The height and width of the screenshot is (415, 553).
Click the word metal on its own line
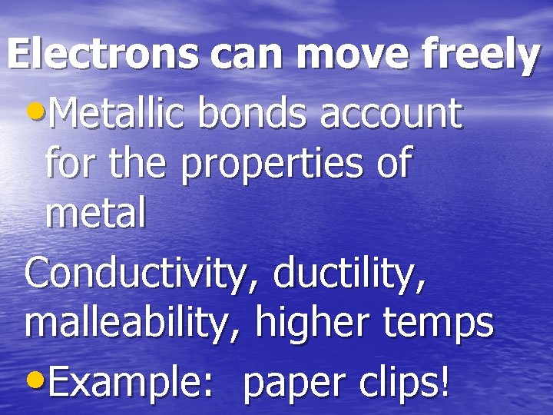(95, 215)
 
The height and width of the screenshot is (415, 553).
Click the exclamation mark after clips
(445, 377)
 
